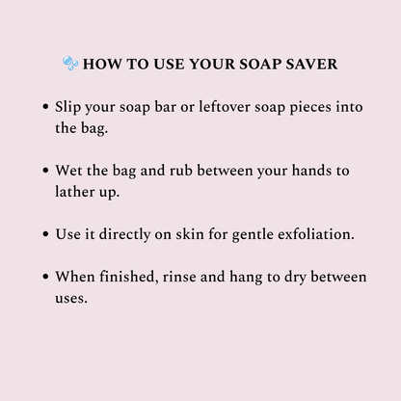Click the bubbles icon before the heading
pyautogui.click(x=70, y=65)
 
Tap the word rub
pyautogui.click(x=184, y=170)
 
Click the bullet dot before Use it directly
pyautogui.click(x=46, y=234)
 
